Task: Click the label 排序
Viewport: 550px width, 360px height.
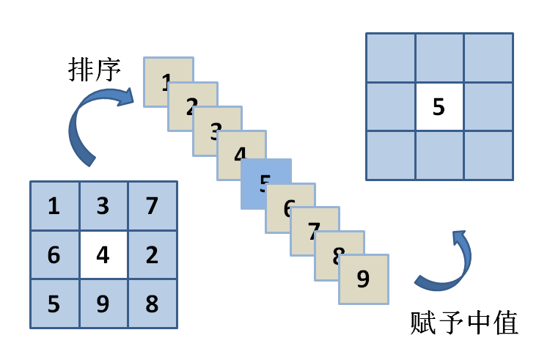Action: (94, 70)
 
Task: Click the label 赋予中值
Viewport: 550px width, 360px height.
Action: (464, 323)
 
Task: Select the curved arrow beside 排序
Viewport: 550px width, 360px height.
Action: (95, 125)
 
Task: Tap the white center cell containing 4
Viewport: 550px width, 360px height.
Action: (103, 254)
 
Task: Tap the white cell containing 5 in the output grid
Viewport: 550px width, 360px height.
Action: (439, 107)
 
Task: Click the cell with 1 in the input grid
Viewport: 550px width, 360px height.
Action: (54, 206)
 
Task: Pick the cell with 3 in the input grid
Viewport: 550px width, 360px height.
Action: (103, 206)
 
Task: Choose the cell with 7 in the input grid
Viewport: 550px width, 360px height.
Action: (153, 206)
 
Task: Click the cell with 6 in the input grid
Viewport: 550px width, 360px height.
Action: (54, 254)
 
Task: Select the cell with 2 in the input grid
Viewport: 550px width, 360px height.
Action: (153, 254)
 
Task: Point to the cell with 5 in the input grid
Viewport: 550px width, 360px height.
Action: (54, 304)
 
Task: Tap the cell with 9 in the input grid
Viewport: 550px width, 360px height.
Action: (103, 304)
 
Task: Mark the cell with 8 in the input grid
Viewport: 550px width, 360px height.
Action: (153, 304)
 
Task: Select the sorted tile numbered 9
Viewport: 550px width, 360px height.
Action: (364, 279)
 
